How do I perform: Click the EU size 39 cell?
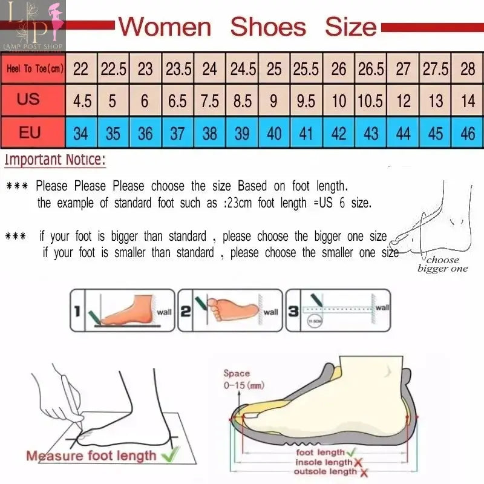[x=242, y=132]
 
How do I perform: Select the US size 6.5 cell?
[x=177, y=100]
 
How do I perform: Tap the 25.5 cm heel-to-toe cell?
[x=306, y=68]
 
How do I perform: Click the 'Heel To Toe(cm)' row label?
[x=34, y=69]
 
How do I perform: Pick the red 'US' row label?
[x=28, y=99]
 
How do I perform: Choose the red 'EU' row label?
[x=29, y=132]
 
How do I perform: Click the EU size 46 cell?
[x=468, y=132]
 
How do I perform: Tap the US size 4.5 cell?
[x=81, y=100]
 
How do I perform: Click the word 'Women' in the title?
[x=165, y=27]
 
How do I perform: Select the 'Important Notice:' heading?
[x=55, y=160]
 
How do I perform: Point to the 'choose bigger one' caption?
[x=442, y=264]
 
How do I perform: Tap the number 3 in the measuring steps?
[x=293, y=311]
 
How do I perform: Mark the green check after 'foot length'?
[x=351, y=451]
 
